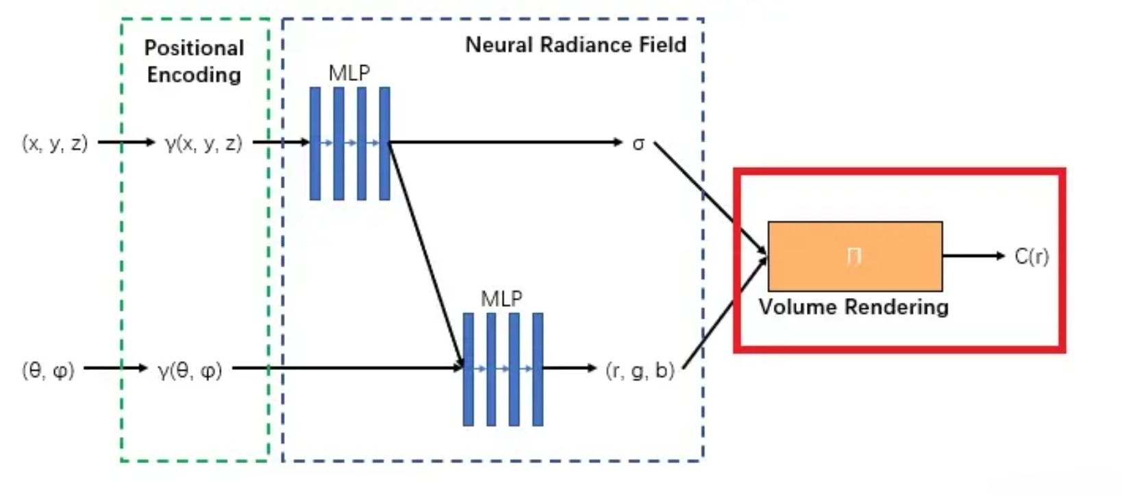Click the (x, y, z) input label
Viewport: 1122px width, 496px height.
(x=55, y=143)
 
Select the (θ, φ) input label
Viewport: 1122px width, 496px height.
(x=48, y=370)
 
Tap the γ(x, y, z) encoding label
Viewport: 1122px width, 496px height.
(x=203, y=143)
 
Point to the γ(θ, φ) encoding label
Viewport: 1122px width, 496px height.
(x=190, y=370)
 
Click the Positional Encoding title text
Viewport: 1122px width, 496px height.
(x=194, y=61)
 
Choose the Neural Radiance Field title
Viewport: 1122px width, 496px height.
(x=575, y=45)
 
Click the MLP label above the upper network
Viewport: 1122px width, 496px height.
(x=349, y=73)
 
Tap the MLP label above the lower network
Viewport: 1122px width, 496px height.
(x=501, y=299)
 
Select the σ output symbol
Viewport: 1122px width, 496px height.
(x=638, y=144)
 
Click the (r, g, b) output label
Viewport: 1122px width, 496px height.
(x=640, y=370)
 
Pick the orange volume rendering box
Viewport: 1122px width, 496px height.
(x=855, y=256)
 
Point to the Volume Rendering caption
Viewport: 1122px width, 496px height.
(x=853, y=307)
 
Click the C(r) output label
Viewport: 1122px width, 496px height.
(x=1032, y=256)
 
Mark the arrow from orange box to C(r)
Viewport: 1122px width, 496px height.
(x=973, y=256)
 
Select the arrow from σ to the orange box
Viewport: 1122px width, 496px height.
(x=709, y=197)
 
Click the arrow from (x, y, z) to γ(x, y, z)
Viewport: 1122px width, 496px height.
(x=127, y=142)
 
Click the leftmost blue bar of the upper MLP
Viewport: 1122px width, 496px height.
(x=315, y=143)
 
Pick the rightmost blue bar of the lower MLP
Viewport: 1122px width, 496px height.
(x=538, y=369)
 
